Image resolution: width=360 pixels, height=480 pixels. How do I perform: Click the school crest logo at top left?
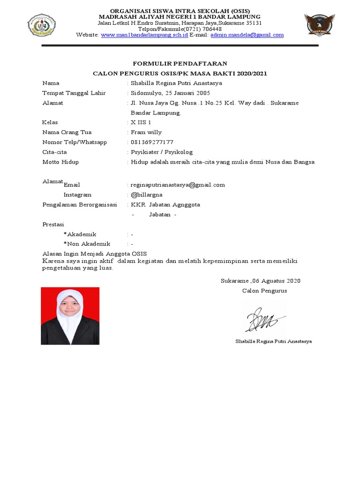click(x=42, y=25)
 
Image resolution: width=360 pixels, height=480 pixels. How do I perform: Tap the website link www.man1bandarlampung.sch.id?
click(x=144, y=35)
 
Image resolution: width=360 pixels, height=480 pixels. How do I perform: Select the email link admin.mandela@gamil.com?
click(x=247, y=35)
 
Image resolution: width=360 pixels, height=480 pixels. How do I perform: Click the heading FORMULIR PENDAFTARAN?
click(x=180, y=63)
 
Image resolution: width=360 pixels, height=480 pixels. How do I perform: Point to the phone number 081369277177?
click(x=152, y=142)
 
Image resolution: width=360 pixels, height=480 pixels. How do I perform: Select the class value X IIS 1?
click(x=141, y=122)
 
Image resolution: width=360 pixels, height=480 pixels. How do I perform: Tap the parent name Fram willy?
click(x=146, y=132)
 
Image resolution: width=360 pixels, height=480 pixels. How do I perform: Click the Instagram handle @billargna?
click(x=147, y=195)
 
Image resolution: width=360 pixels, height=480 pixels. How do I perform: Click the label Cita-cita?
click(x=55, y=152)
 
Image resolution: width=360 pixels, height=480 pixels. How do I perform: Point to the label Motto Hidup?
click(x=60, y=162)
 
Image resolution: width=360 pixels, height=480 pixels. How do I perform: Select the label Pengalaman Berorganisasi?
click(x=79, y=204)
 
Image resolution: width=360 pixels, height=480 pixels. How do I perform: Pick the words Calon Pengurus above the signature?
click(x=264, y=291)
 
